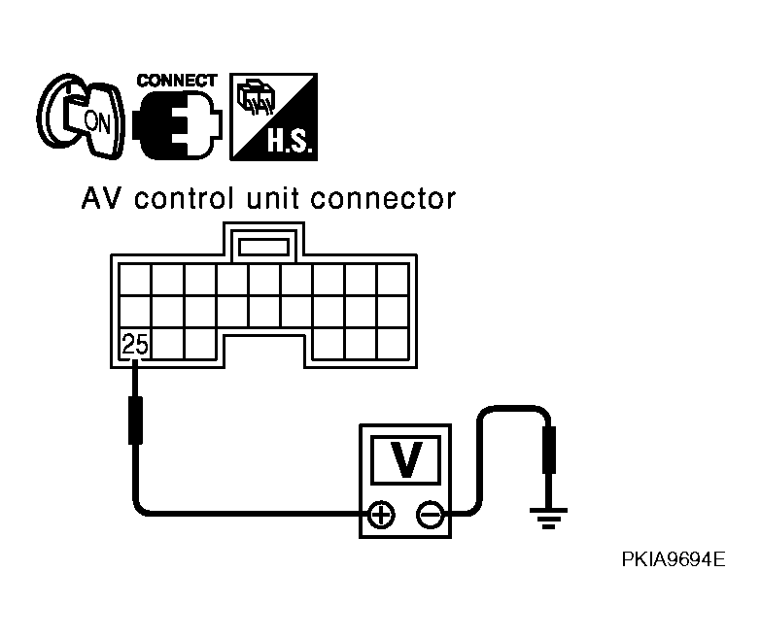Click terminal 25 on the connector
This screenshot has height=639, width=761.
[135, 344]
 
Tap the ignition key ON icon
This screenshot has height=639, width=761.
[81, 117]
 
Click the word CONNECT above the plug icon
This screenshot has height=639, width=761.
[177, 81]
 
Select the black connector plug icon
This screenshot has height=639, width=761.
[177, 125]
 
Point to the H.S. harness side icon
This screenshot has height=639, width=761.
[273, 117]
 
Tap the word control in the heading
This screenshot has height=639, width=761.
[184, 199]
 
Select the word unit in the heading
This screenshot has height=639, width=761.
[273, 199]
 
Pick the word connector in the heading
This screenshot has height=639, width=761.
[383, 199]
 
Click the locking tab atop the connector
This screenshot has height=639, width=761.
[263, 242]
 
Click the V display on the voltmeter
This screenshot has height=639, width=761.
[405, 459]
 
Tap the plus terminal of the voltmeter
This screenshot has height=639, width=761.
[381, 515]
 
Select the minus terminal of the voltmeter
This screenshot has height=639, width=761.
[430, 515]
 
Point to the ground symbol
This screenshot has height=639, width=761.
[548, 518]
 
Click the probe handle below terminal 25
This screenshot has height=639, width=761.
[135, 420]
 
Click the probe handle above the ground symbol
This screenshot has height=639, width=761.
[549, 450]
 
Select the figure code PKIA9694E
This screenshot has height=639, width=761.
[674, 559]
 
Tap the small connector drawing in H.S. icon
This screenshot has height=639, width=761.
[256, 96]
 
